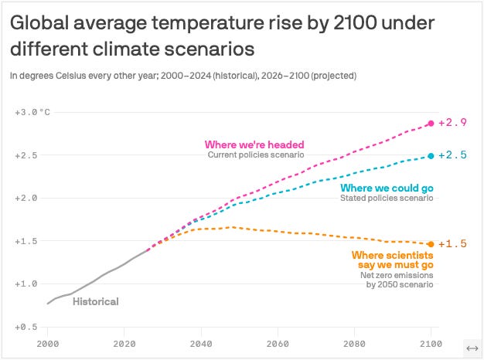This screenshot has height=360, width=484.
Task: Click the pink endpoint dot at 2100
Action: (x=431, y=124)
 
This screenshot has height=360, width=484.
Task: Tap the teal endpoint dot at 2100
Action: (x=431, y=156)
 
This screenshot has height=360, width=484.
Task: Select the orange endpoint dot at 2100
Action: (x=431, y=244)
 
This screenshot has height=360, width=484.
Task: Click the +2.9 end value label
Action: (x=452, y=123)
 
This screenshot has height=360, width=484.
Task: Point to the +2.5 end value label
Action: (x=452, y=155)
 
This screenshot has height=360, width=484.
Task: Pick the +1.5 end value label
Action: (x=452, y=244)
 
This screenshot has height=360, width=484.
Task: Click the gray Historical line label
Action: (x=95, y=302)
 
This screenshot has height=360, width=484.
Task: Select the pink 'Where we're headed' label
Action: (x=254, y=144)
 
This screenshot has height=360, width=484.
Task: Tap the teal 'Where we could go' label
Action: (x=387, y=188)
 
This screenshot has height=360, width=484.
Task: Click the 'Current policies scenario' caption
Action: (x=256, y=155)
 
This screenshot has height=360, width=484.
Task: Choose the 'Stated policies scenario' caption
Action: (x=387, y=199)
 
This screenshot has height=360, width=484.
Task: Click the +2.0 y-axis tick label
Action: (x=27, y=198)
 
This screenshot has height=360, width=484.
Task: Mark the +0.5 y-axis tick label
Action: (x=27, y=327)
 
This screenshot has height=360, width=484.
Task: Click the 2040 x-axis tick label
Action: (x=201, y=343)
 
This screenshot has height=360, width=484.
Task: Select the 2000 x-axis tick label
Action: (x=48, y=343)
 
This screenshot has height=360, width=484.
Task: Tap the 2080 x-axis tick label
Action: (x=354, y=343)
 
